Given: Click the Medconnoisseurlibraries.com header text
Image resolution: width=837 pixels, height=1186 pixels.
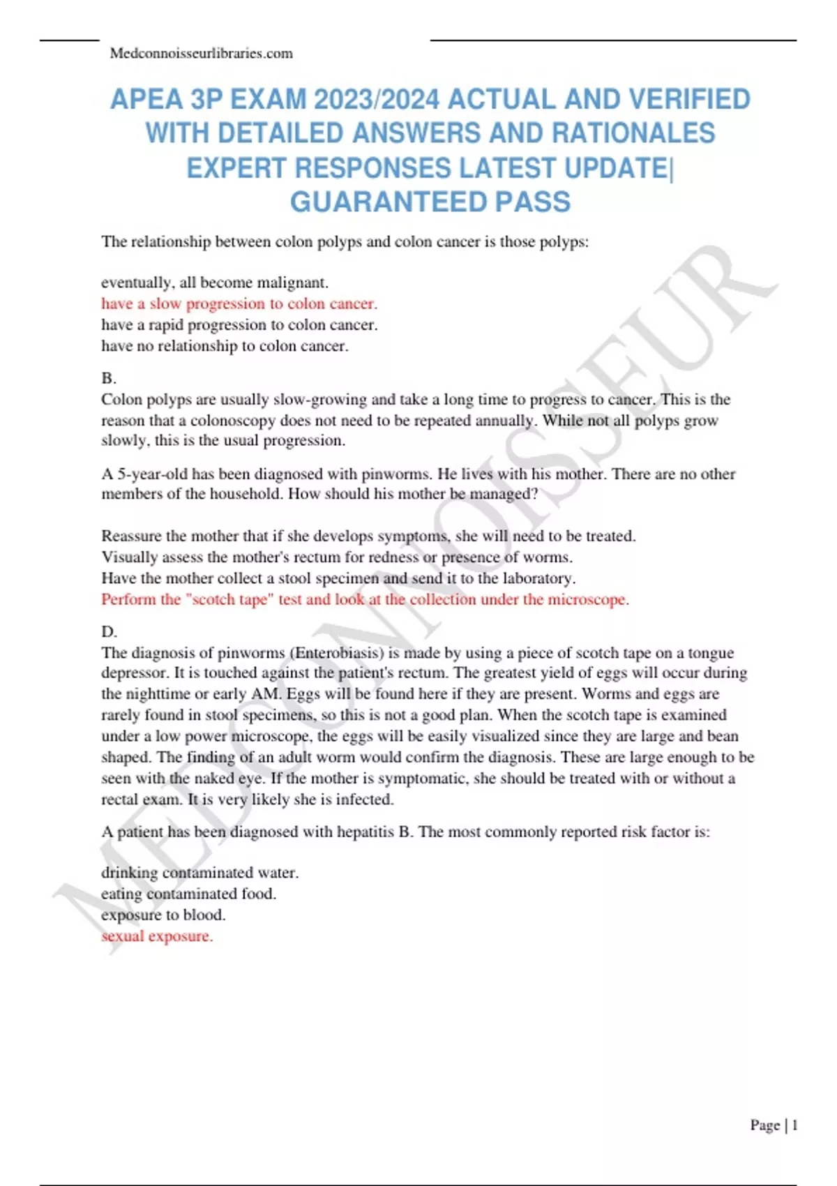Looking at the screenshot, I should [x=201, y=54].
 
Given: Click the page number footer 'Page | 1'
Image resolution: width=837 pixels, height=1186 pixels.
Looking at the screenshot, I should [x=774, y=1125].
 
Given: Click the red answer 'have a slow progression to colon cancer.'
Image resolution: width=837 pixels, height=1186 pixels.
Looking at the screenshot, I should [x=239, y=303].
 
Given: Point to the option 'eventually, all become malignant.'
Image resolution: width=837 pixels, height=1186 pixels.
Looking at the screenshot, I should [x=215, y=283].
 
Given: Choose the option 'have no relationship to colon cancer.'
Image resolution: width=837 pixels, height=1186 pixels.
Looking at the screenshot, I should [x=225, y=346].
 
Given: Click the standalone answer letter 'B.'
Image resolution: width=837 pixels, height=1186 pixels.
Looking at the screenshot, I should [x=109, y=378].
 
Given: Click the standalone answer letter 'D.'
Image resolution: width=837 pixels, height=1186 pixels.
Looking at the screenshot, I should [x=109, y=632].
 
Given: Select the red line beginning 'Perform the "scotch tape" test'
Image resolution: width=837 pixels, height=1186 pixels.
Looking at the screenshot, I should [x=365, y=600].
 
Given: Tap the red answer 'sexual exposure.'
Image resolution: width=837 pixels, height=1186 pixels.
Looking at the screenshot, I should [x=157, y=936].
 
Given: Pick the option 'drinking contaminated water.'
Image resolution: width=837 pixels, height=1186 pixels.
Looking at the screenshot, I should [x=199, y=873].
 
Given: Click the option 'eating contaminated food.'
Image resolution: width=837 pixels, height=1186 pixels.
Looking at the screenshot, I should [x=188, y=894].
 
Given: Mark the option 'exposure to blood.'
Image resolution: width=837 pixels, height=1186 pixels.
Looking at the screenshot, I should [x=163, y=915].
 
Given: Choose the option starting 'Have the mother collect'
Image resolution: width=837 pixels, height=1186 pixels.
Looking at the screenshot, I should [x=338, y=578].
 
